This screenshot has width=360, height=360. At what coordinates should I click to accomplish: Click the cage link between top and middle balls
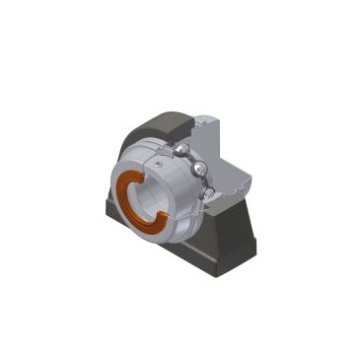click(190, 158)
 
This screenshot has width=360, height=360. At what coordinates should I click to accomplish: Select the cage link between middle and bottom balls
click(203, 182)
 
